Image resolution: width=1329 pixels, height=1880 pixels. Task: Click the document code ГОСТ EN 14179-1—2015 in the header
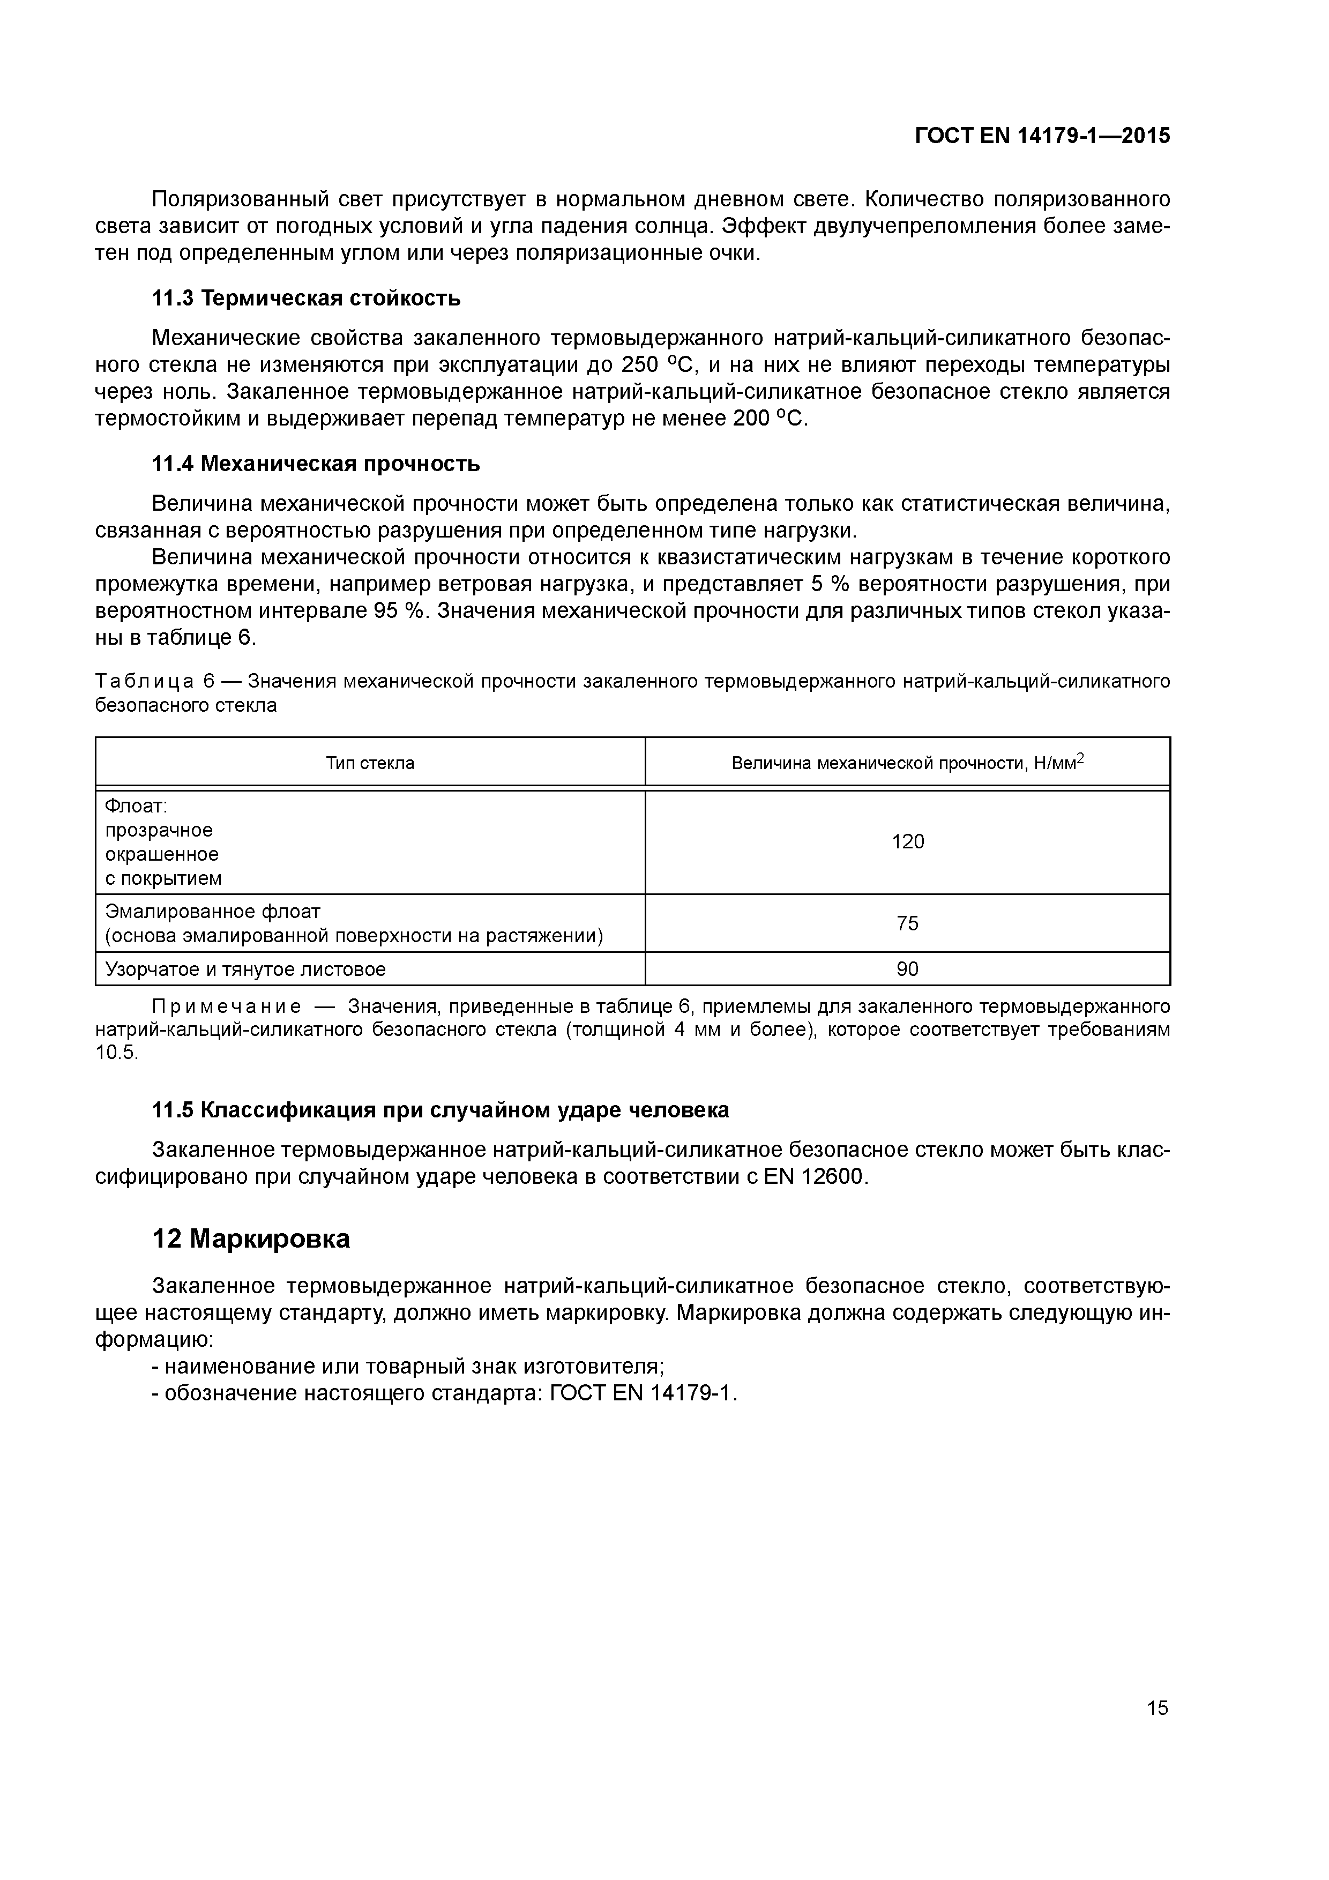point(1042,136)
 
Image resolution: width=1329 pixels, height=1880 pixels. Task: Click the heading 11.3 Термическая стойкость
point(306,299)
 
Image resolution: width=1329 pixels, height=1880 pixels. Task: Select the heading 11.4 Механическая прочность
point(316,464)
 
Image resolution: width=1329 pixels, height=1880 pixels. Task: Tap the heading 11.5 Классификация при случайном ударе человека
point(440,1110)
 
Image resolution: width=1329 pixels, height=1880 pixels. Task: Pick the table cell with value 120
point(907,842)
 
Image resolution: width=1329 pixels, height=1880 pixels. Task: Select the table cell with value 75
point(907,923)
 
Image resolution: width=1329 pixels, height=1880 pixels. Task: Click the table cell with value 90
point(907,969)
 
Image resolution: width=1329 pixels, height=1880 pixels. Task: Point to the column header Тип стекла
point(370,763)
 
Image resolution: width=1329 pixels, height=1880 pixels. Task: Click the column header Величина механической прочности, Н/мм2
point(907,763)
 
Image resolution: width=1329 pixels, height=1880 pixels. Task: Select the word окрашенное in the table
point(162,855)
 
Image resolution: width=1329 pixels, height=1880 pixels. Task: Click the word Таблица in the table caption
point(144,681)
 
